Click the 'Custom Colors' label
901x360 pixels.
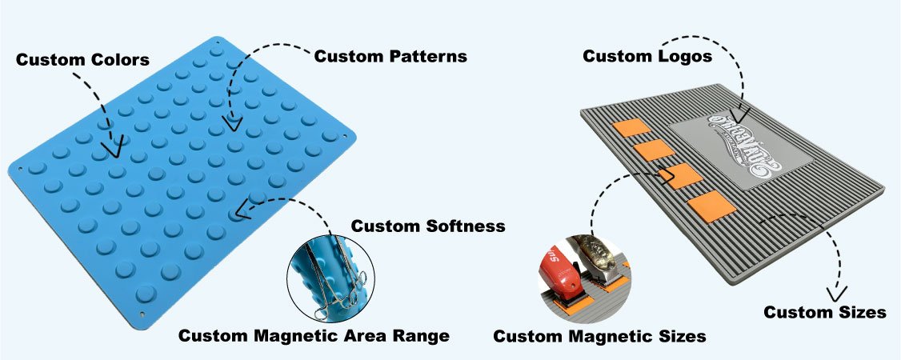click(82, 60)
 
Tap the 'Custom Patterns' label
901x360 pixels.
click(390, 56)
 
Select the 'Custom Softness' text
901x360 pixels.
click(428, 226)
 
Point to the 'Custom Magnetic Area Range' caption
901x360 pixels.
click(313, 334)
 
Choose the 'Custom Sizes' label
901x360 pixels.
click(824, 312)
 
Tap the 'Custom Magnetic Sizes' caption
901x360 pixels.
click(599, 336)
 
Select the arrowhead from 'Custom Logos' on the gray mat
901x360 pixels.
click(740, 116)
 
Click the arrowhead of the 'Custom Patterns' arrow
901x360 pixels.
click(231, 123)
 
